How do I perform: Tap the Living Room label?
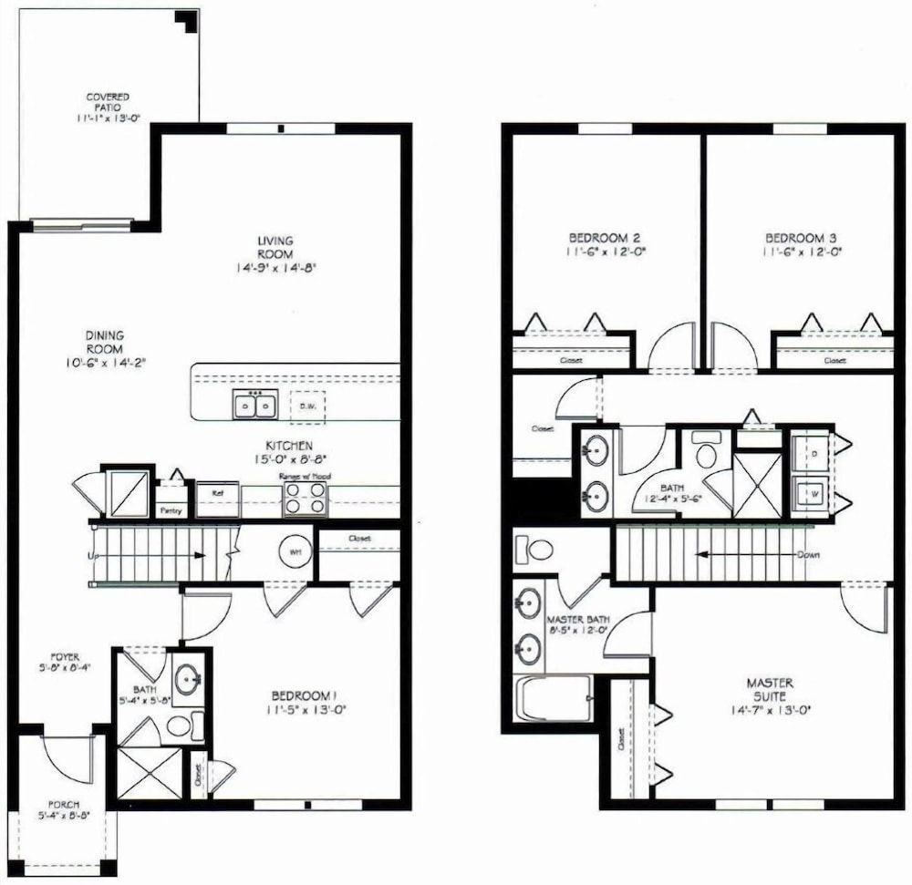tap(275, 247)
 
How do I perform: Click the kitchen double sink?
tap(255, 404)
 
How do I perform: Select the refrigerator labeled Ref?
tap(217, 499)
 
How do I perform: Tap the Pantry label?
tap(171, 510)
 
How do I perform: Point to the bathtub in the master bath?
tap(554, 699)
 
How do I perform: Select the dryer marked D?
tap(809, 451)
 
